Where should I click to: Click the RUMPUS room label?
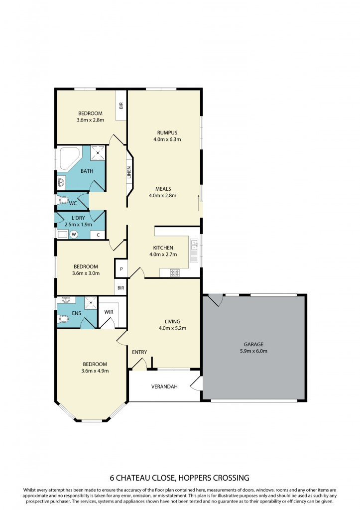pyautogui.click(x=167, y=132)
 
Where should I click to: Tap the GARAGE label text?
pyautogui.click(x=253, y=344)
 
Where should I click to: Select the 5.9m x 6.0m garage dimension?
pyautogui.click(x=253, y=351)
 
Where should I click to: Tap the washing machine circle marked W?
pyautogui.click(x=74, y=235)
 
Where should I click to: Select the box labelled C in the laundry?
pyautogui.click(x=98, y=235)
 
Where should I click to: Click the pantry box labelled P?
pyautogui.click(x=121, y=269)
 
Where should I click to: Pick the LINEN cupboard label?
pyautogui.click(x=129, y=173)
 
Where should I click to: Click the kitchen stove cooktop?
pyautogui.click(x=175, y=272)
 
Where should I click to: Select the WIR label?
pyautogui.click(x=109, y=312)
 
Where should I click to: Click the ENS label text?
pyautogui.click(x=76, y=314)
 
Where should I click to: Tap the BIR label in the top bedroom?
pyautogui.click(x=121, y=106)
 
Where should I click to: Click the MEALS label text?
pyautogui.click(x=163, y=189)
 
